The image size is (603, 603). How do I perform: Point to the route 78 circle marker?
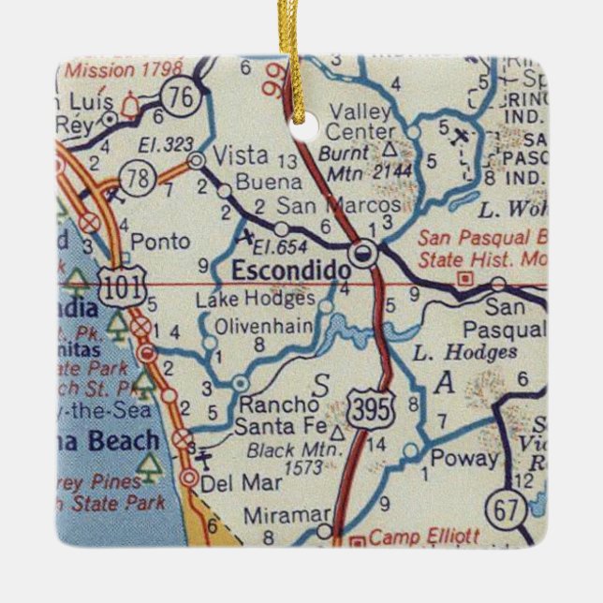pyautogui.click(x=138, y=181)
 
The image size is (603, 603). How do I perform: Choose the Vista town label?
pyautogui.click(x=241, y=155)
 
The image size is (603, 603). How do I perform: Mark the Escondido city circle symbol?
pyautogui.click(x=363, y=252)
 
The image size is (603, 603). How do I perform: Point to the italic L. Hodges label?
pyautogui.click(x=464, y=353)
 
